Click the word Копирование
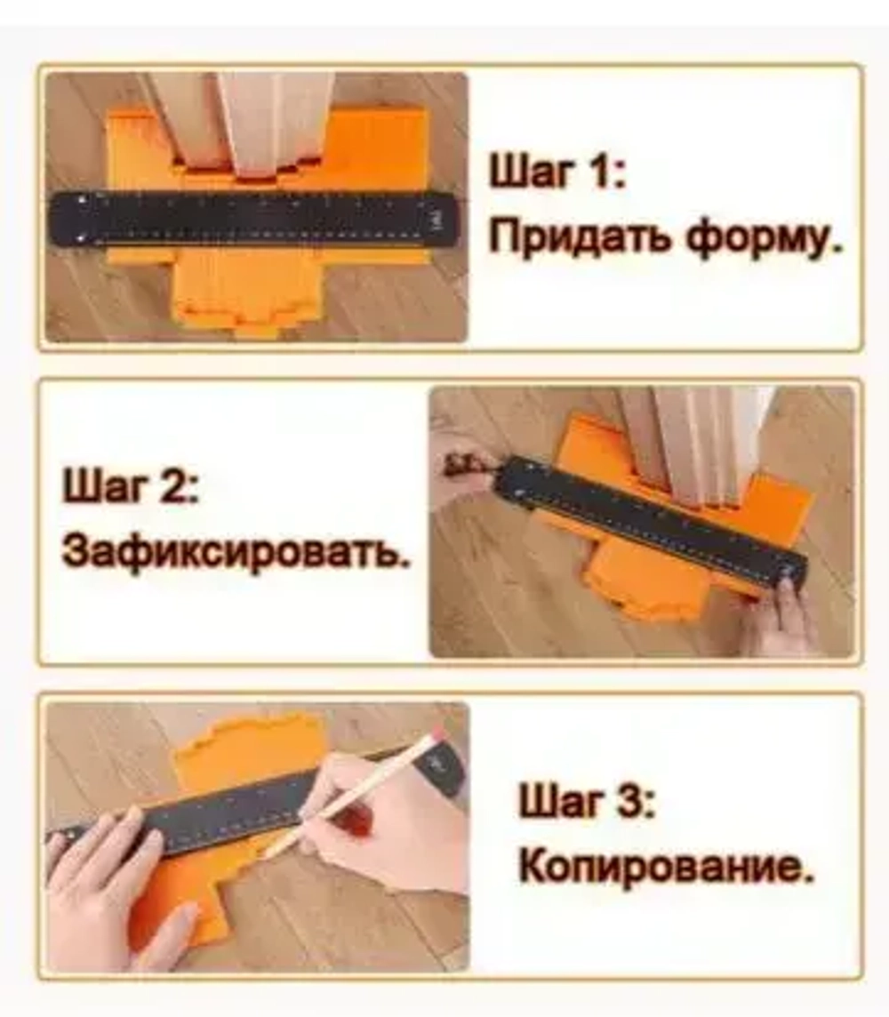[x=666, y=867]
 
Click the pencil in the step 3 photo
[x=356, y=790]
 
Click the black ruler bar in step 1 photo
[x=253, y=219]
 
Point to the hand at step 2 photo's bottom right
[x=782, y=618]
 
